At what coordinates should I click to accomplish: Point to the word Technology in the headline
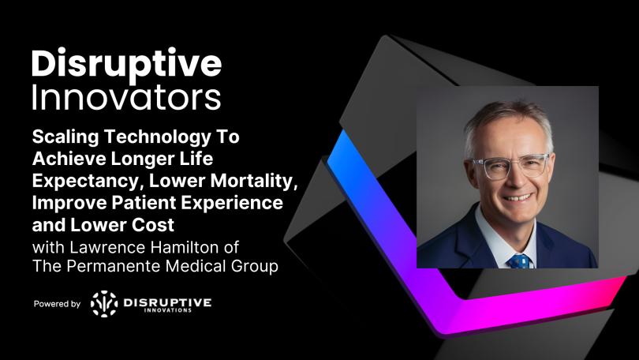160,136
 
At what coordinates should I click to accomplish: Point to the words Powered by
57,303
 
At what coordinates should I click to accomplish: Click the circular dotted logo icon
103,303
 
